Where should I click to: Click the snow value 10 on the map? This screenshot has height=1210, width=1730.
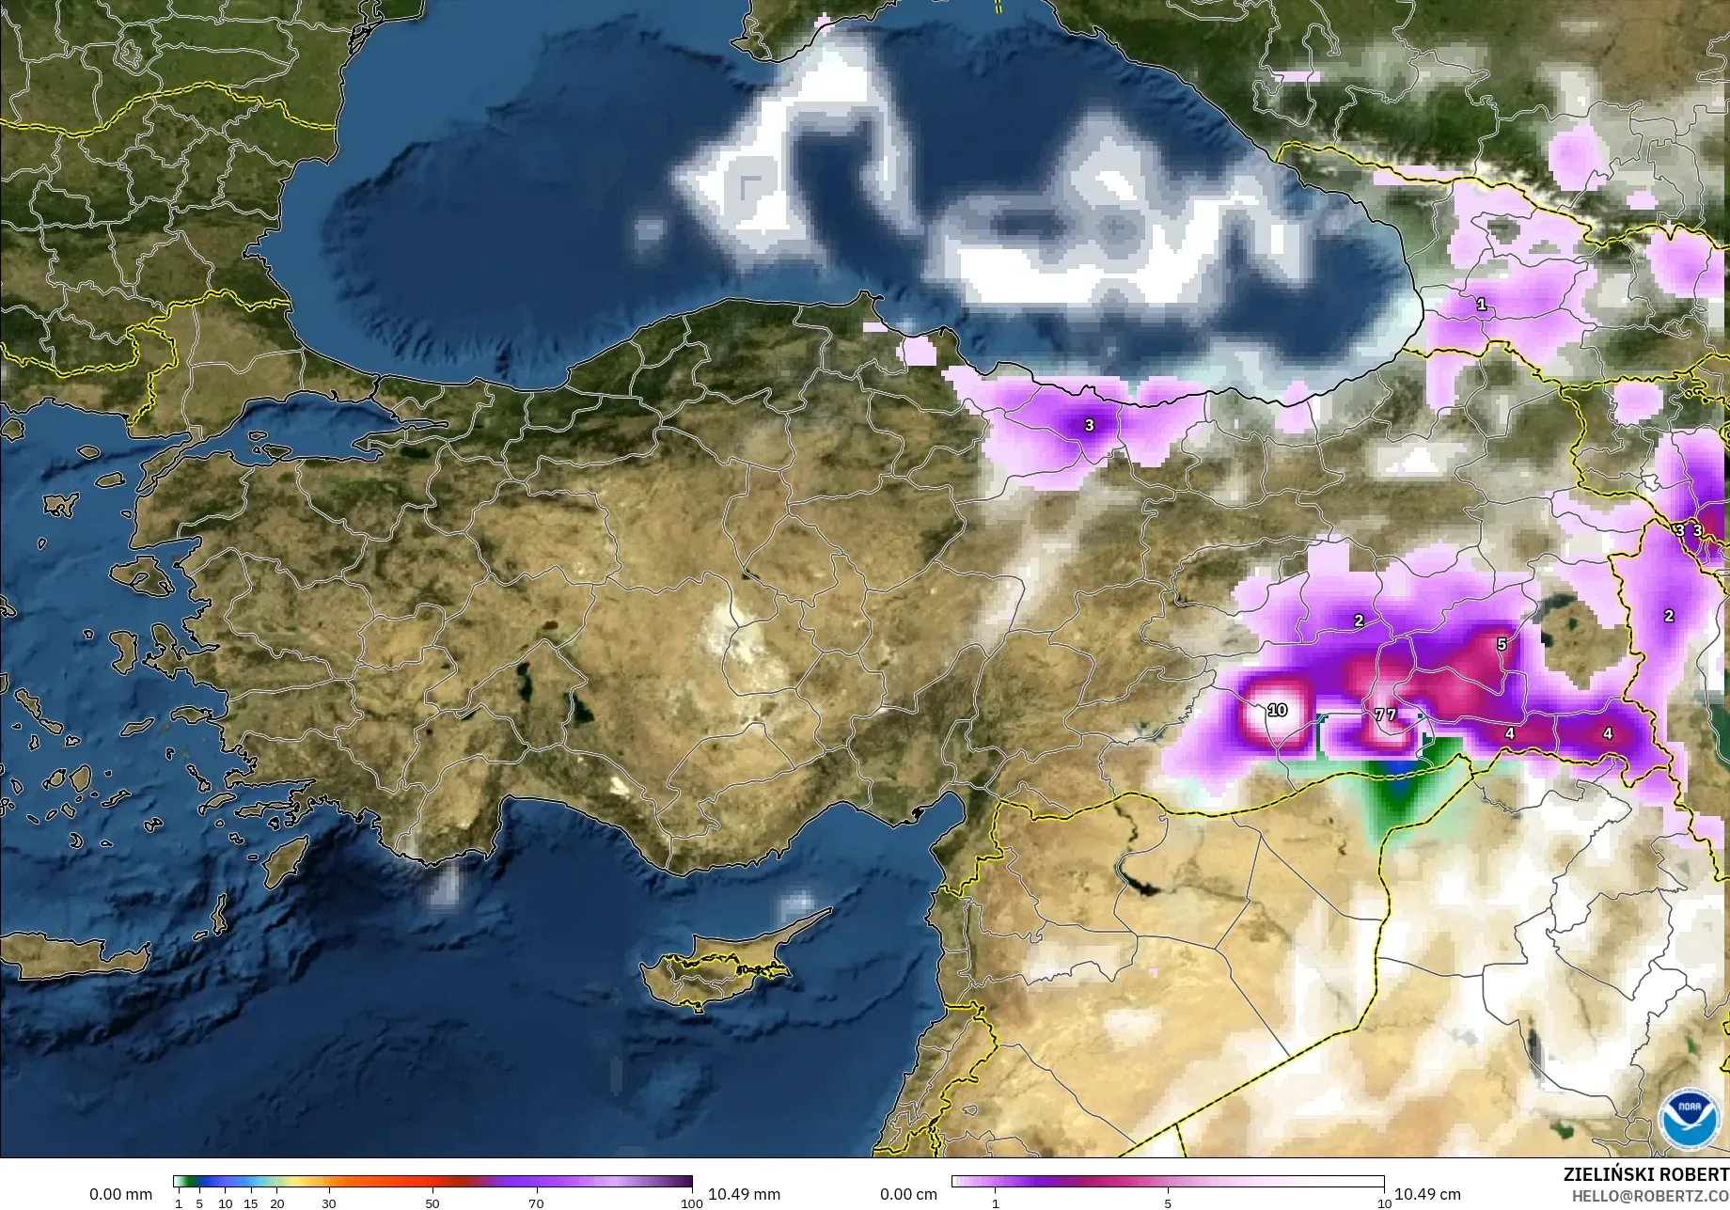[x=1277, y=710]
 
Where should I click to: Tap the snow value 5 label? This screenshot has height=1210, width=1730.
[x=1502, y=644]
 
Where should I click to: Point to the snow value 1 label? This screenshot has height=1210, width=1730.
[x=1482, y=305]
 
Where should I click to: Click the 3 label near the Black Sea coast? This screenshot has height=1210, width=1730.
[x=1089, y=425]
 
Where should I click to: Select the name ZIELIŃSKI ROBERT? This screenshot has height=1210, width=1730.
[x=1645, y=1174]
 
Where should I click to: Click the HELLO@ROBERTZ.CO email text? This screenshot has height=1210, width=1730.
[x=1650, y=1195]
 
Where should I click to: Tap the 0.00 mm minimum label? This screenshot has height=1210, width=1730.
[x=120, y=1194]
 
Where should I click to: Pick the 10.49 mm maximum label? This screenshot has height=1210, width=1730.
[x=744, y=1194]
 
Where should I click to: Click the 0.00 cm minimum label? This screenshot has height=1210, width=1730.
[x=908, y=1194]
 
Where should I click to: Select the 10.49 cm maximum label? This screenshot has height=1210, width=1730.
[x=1427, y=1194]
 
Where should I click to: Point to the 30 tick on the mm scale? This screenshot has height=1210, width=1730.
[x=328, y=1202]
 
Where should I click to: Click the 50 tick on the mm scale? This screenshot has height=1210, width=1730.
[x=432, y=1202]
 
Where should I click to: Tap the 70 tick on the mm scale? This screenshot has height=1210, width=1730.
[x=536, y=1202]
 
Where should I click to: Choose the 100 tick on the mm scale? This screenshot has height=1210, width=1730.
[x=691, y=1202]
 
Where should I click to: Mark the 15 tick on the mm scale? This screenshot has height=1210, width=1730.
[x=250, y=1202]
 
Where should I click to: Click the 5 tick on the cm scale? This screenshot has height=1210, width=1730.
[x=1168, y=1202]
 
